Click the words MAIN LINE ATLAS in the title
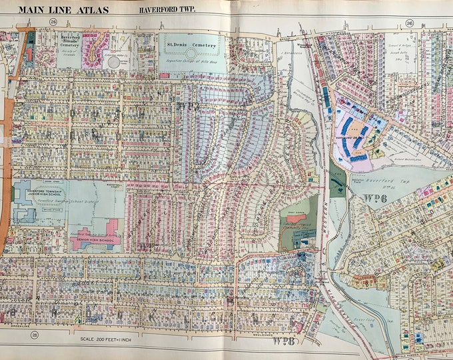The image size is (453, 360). click(66, 9)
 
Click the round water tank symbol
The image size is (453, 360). click(114, 62)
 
